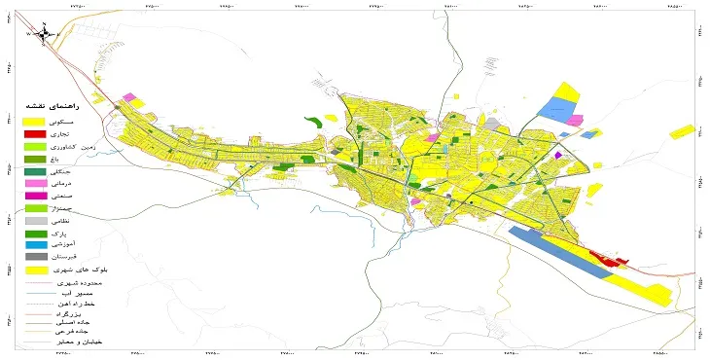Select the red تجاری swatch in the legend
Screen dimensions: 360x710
pos(35,133)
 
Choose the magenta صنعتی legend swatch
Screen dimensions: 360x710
pos(35,197)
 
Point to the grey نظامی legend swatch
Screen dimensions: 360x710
pos(35,222)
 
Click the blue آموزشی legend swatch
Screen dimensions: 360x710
pos(35,246)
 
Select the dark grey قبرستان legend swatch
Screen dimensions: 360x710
pos(35,258)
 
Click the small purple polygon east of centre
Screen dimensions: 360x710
pos(557,154)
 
